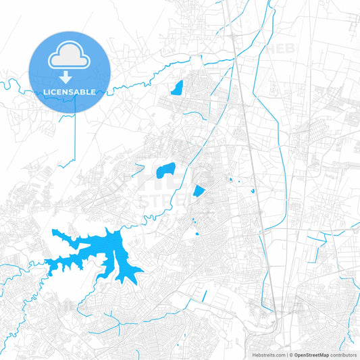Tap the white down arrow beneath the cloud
(69, 76)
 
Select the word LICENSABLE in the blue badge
(69, 91)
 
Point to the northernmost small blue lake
(178, 88)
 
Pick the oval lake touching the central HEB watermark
(165, 171)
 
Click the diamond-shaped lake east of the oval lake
(199, 191)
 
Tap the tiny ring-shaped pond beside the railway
(253, 190)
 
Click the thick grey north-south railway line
(251, 169)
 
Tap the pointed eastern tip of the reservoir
(143, 273)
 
